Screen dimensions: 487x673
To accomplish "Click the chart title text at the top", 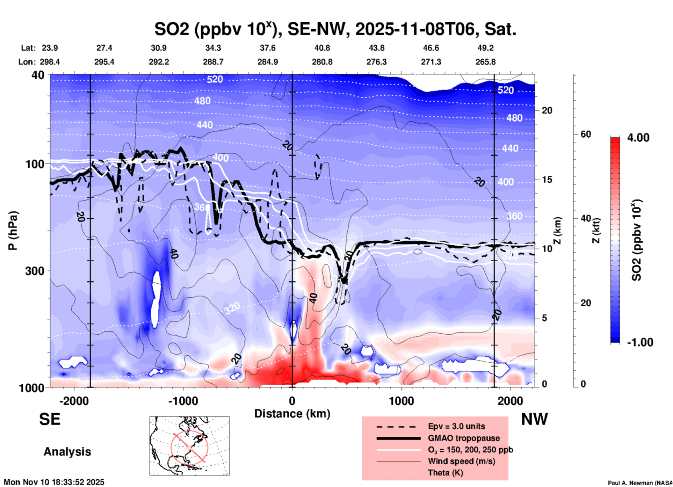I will [x=335, y=29].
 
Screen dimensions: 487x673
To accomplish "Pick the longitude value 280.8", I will [x=322, y=62].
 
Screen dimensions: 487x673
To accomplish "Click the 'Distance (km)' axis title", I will [x=292, y=414].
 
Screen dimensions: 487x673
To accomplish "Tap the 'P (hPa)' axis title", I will [x=13, y=231].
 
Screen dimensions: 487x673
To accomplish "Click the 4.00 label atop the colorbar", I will [x=638, y=138].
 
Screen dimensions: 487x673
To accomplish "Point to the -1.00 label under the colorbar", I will [x=640, y=342].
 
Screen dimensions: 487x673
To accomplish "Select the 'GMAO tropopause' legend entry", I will [x=464, y=438].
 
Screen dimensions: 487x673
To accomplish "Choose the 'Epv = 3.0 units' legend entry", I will [x=456, y=426].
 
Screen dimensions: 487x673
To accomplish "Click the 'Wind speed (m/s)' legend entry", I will [x=461, y=461].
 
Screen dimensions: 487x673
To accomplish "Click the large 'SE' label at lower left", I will [x=50, y=419].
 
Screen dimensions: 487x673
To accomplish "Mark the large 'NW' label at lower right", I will [x=534, y=419].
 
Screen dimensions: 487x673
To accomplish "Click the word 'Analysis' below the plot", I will [x=67, y=452].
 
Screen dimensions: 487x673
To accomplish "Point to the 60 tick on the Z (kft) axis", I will [x=586, y=134].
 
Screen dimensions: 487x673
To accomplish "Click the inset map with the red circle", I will [x=189, y=446].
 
